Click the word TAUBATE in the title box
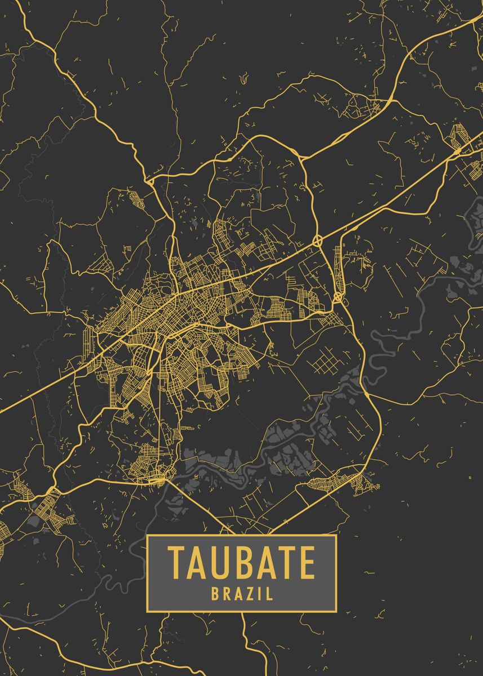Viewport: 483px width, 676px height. pyautogui.click(x=241, y=562)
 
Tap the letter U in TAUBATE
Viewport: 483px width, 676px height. pyautogui.click(x=220, y=562)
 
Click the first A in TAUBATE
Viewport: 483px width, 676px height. pyautogui.click(x=197, y=562)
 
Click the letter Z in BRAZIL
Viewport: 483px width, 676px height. pyautogui.click(x=249, y=593)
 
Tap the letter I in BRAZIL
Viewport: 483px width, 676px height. pyautogui.click(x=258, y=593)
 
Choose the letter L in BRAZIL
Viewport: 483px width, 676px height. pyautogui.click(x=268, y=593)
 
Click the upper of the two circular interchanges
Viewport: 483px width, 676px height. pyautogui.click(x=317, y=241)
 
